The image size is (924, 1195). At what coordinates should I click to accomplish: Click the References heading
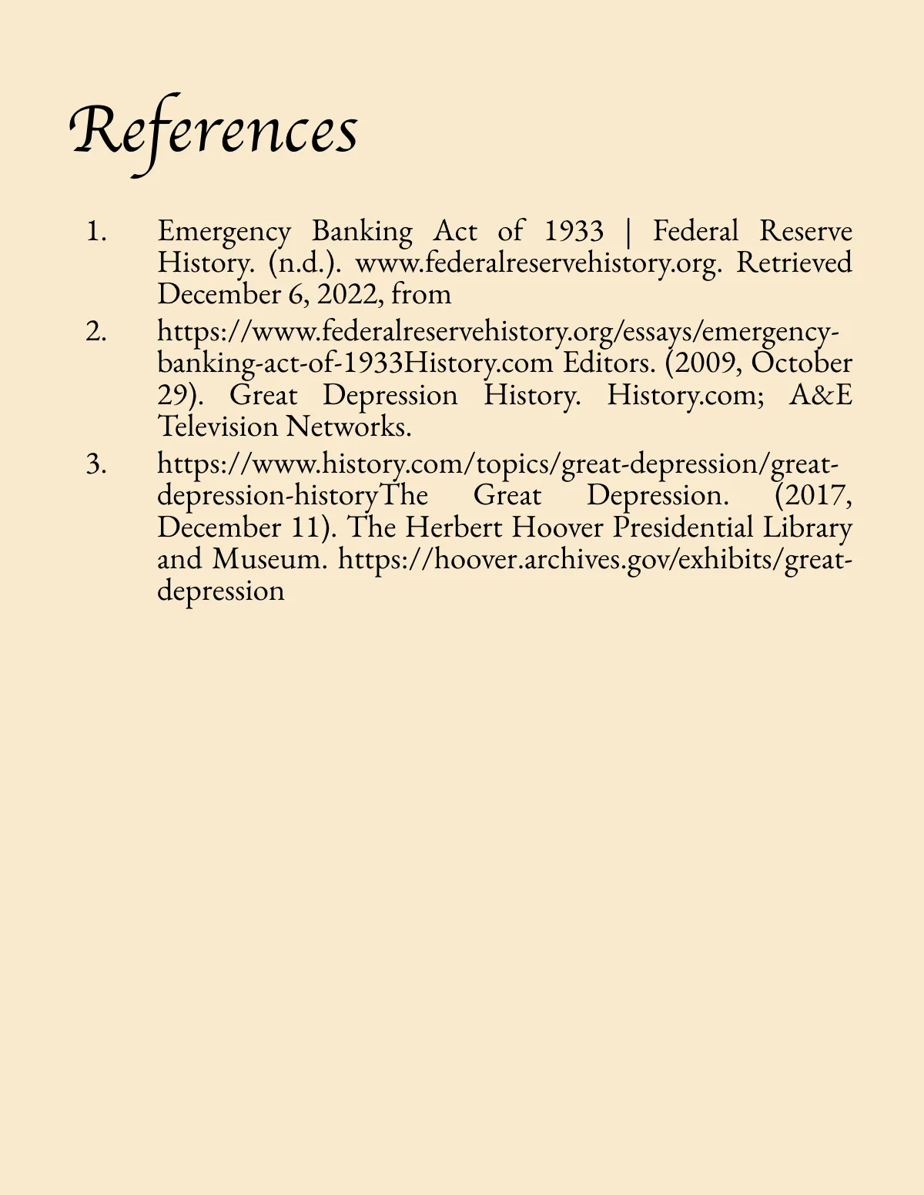click(214, 131)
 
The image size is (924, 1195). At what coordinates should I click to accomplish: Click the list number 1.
click(96, 231)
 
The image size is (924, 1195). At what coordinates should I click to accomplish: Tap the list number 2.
click(96, 332)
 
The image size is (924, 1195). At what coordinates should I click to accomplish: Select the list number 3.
click(96, 464)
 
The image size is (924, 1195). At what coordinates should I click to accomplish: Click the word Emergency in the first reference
click(224, 231)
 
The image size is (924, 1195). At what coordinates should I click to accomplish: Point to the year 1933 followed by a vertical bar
click(574, 231)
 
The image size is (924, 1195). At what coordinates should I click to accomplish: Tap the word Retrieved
click(794, 263)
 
